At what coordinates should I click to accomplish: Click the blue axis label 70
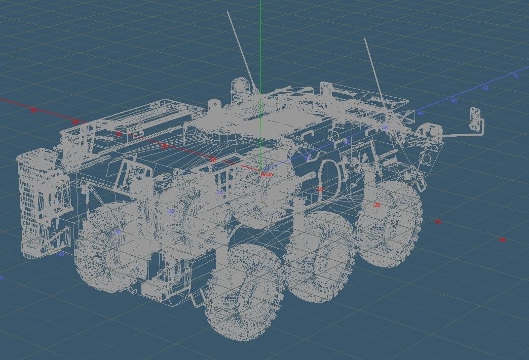click(515, 76)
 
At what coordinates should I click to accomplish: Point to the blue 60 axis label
click(485, 88)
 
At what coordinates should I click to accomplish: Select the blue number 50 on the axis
click(454, 101)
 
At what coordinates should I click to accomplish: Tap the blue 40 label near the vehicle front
click(420, 113)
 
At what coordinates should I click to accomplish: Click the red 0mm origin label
click(267, 175)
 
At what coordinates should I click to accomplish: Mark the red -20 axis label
click(376, 205)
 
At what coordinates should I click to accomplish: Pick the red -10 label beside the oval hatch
click(320, 189)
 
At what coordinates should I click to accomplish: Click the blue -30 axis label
click(118, 232)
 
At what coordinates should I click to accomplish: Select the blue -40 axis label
click(61, 254)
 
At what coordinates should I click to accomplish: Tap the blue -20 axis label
click(171, 211)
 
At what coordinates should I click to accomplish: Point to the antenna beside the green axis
click(242, 51)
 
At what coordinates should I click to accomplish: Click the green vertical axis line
click(260, 46)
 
